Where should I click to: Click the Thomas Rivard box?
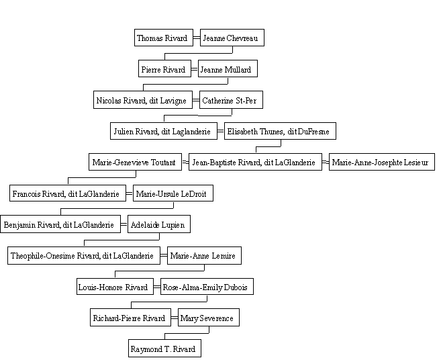coord(164,38)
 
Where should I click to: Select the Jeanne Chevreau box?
coord(232,38)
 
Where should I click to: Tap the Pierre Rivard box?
coord(164,69)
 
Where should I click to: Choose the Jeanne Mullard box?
coord(228,69)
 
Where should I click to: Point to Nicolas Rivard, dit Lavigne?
coord(143,99)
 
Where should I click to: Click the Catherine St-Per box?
coord(231,99)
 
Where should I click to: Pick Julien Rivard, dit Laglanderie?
coord(164,131)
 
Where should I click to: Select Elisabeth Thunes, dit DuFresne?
coord(280,131)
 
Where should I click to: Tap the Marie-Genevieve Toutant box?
coord(135,162)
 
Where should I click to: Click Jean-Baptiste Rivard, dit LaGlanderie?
coord(255,162)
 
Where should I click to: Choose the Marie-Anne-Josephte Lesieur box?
coord(381,162)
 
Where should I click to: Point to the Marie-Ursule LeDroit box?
coord(173,193)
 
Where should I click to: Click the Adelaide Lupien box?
coord(159,224)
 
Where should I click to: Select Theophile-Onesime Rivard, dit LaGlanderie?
coord(84,255)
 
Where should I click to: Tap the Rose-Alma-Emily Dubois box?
coord(207,286)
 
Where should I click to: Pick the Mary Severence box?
coord(209,318)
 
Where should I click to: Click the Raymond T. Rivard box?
coord(164,348)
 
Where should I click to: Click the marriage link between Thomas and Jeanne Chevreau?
coord(197,38)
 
